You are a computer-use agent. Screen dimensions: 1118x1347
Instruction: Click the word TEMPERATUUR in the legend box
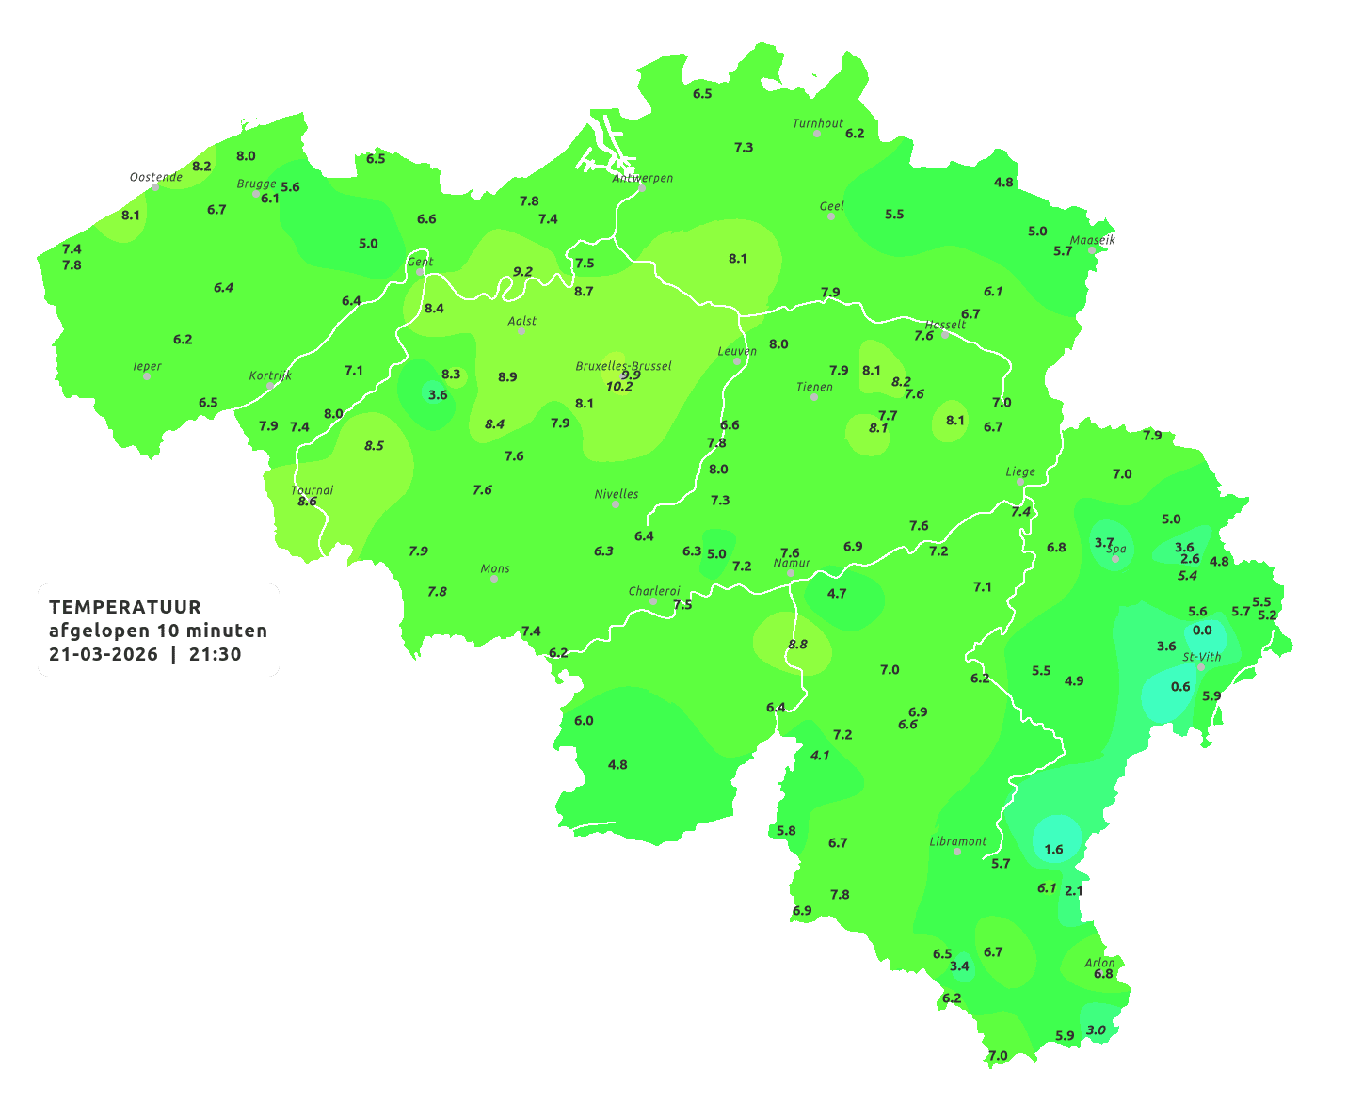pos(125,607)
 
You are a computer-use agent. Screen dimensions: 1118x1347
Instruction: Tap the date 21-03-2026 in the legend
pos(104,655)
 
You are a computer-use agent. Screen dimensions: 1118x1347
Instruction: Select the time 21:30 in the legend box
pos(215,655)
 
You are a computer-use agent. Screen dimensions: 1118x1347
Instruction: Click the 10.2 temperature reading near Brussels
pos(619,387)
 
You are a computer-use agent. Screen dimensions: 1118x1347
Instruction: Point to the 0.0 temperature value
pos(1202,631)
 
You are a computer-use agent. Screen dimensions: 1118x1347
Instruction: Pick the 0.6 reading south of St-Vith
pos(1180,687)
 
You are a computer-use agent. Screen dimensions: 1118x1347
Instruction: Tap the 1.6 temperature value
pos(1053,850)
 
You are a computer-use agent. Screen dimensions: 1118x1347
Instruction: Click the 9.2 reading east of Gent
pos(522,272)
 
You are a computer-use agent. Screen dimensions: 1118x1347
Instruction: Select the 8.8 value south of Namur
pos(797,645)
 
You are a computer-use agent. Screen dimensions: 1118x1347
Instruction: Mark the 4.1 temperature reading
pos(820,756)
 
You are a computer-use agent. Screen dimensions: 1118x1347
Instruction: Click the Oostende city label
pos(155,177)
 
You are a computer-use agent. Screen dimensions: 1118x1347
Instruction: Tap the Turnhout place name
pos(818,123)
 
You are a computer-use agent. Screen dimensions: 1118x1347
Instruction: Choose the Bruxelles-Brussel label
pos(623,365)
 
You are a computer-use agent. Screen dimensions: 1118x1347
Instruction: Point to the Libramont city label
pos(958,841)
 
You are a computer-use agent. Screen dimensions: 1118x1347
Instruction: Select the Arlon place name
pos(1099,962)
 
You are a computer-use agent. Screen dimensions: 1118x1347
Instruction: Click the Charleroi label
pos(654,591)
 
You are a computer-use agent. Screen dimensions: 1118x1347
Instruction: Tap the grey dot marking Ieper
pos(147,376)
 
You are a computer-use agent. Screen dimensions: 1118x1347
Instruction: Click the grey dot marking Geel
pos(831,216)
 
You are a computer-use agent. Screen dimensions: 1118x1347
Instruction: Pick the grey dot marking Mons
pos(494,579)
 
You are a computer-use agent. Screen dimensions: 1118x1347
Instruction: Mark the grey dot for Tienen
pos(814,397)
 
